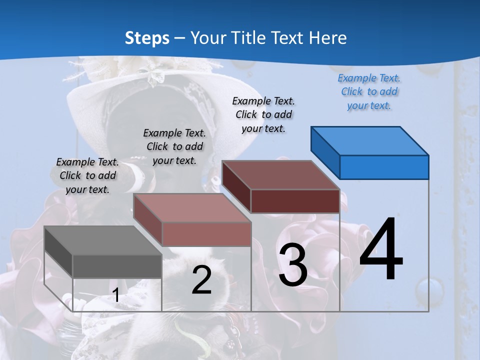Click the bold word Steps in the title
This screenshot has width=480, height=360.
point(147,38)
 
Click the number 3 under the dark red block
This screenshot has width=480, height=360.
point(293,265)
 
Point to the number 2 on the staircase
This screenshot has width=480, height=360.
point(201,280)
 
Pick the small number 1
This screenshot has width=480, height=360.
point(115,295)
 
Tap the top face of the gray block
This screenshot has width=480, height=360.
point(102,240)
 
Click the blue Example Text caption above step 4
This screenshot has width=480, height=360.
point(369,91)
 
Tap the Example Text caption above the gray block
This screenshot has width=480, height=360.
point(87,175)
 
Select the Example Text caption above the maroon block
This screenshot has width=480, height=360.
point(263,114)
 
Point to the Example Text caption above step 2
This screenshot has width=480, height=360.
point(174,146)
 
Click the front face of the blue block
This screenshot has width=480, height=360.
point(384,167)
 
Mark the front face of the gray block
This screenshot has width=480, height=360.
point(117,266)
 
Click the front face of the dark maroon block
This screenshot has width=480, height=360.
point(295,201)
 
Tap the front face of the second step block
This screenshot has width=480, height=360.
point(206,234)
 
